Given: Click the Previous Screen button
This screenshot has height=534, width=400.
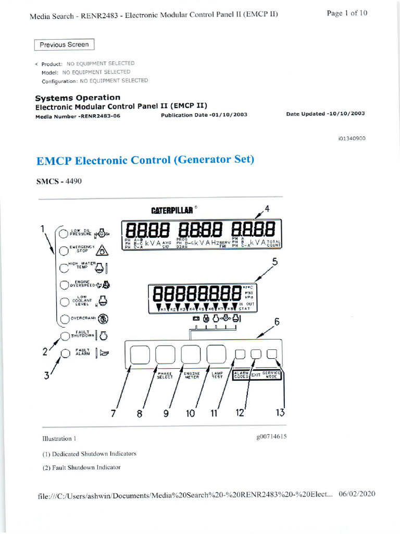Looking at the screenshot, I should click(65, 45).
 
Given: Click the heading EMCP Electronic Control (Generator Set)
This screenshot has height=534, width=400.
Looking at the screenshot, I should click(145, 160).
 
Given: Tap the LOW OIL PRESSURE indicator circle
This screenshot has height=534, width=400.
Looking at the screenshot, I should click(63, 233).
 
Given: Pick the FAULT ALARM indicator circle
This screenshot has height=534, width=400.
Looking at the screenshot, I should click(65, 354).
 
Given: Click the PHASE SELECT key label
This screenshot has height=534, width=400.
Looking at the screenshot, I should click(165, 375).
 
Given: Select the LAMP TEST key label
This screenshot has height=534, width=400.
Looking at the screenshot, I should click(217, 375).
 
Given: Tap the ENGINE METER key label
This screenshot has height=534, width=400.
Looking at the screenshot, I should click(192, 375).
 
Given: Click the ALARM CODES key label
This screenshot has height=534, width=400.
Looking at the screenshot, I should click(241, 375).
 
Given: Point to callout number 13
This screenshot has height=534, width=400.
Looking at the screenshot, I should click(280, 412).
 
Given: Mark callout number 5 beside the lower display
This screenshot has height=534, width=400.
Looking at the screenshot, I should click(275, 263).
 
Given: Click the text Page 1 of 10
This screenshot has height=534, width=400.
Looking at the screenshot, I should click(347, 13).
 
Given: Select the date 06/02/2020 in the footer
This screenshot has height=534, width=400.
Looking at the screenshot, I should click(357, 494).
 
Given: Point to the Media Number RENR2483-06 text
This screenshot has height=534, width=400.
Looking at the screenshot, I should click(78, 116).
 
